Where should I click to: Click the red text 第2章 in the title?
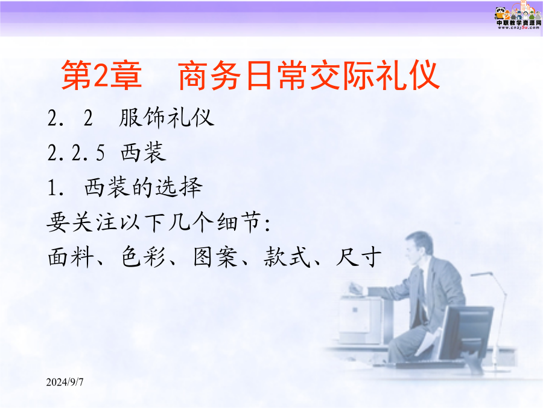pos(101,75)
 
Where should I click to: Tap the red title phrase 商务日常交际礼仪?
pos(309,75)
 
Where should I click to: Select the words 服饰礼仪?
pos(167,118)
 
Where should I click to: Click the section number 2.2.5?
pos(76,153)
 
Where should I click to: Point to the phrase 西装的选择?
pos(144,187)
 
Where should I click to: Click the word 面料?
pos(71,257)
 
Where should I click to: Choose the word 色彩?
pos(143,257)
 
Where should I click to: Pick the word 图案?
pos(215,257)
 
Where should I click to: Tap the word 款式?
pos(287,257)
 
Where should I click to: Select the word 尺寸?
pos(359,257)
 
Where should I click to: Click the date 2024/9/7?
pos(65,382)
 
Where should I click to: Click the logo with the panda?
pos(518,16)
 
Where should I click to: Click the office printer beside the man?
pos(360,320)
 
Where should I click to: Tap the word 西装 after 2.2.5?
pos(144,152)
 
